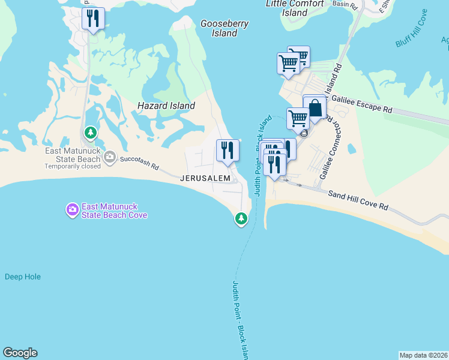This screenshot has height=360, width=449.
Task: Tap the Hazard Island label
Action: click(166, 106)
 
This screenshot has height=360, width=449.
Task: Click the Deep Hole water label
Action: click(23, 277)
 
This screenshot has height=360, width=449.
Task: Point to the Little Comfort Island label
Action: click(295, 8)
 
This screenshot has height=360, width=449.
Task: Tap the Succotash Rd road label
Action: click(139, 163)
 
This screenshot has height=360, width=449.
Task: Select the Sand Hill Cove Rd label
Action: click(358, 200)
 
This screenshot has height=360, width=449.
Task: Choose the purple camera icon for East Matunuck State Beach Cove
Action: click(72, 210)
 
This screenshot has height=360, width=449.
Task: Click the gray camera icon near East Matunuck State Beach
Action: click(110, 157)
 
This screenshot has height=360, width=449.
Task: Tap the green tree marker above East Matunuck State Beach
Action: click(90, 132)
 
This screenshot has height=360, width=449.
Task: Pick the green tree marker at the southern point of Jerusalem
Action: click(241, 219)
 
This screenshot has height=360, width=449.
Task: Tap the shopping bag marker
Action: click(314, 108)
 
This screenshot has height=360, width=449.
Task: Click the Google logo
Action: click(20, 353)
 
